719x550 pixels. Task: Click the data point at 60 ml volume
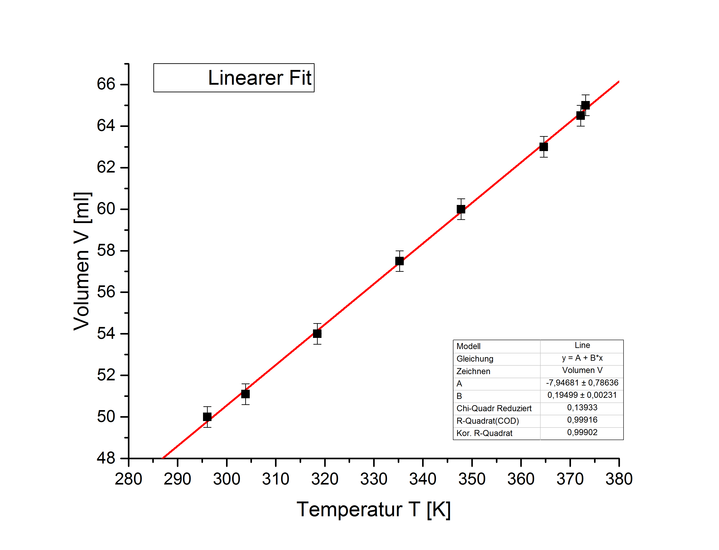(x=461, y=209)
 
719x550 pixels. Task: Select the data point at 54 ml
(x=317, y=334)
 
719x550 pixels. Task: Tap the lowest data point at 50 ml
(x=207, y=417)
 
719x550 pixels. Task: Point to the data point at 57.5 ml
(x=399, y=261)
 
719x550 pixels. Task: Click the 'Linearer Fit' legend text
(x=259, y=78)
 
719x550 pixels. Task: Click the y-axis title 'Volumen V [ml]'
(x=81, y=261)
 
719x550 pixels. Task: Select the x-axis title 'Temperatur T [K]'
(x=374, y=510)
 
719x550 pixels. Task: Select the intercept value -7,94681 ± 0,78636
(x=582, y=383)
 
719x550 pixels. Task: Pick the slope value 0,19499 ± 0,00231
(x=582, y=395)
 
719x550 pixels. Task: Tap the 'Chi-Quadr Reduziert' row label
(x=494, y=408)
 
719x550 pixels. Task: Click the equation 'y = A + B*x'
(x=582, y=358)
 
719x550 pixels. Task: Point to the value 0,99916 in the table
(x=582, y=420)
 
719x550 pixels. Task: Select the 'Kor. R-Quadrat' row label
(x=484, y=433)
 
